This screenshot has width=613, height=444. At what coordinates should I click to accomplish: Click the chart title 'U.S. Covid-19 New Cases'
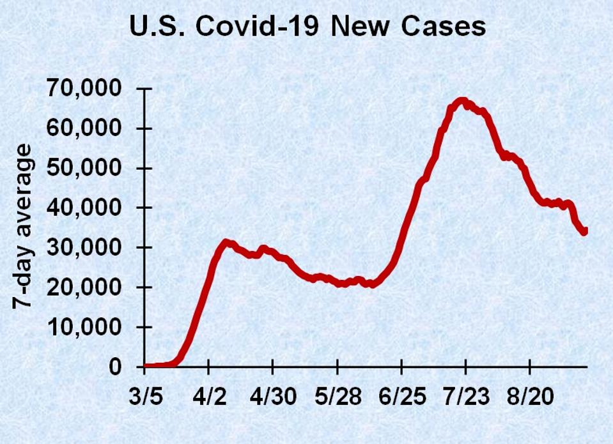click(307, 28)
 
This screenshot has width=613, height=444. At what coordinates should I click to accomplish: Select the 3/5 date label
click(145, 397)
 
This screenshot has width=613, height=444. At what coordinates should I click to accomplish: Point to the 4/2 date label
click(209, 397)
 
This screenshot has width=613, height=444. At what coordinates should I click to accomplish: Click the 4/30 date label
click(273, 397)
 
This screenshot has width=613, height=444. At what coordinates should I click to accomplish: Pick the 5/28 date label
click(338, 397)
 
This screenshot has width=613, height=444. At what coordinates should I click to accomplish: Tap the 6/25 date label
click(401, 397)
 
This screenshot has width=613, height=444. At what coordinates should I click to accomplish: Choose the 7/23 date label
click(466, 397)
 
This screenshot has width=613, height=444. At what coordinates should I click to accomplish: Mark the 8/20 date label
click(530, 397)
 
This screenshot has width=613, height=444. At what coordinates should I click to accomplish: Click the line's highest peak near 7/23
click(462, 101)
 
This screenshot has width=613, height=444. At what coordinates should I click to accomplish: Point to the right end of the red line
click(584, 231)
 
